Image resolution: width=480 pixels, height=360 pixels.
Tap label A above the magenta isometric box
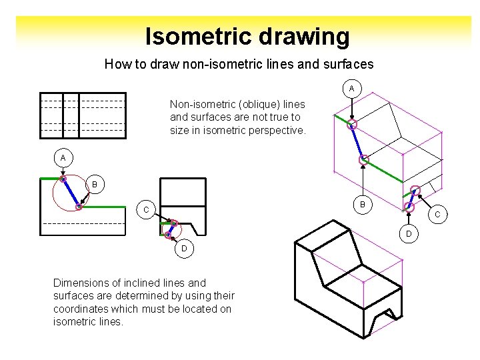[352, 89]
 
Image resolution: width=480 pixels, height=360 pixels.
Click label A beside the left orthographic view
[63, 158]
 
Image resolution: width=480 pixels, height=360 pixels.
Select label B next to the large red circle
[95, 184]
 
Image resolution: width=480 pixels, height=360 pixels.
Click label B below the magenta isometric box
[363, 205]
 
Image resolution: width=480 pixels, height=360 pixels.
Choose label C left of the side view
[144, 210]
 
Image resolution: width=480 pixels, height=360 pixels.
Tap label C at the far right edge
[438, 215]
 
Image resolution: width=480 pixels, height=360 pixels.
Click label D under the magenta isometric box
[409, 233]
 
